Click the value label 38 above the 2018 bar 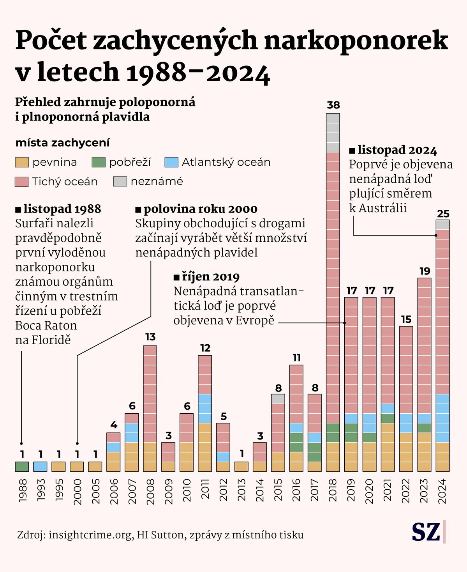point(333,105)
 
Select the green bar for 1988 point(22,466)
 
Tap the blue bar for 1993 point(40,466)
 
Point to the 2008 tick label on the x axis point(150,491)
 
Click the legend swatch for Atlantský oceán point(171,162)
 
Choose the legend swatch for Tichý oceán point(22,182)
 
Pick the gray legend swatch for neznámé point(120,181)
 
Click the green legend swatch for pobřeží point(99,162)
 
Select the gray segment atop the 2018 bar point(333,133)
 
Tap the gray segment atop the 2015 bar point(278,399)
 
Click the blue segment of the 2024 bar point(442,418)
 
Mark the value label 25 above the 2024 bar point(443,214)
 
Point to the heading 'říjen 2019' point(210,277)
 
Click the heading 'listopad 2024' point(397,150)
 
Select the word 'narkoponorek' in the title point(356,40)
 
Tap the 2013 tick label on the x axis point(242,491)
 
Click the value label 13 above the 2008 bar point(150,337)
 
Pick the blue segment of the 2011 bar point(205,408)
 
